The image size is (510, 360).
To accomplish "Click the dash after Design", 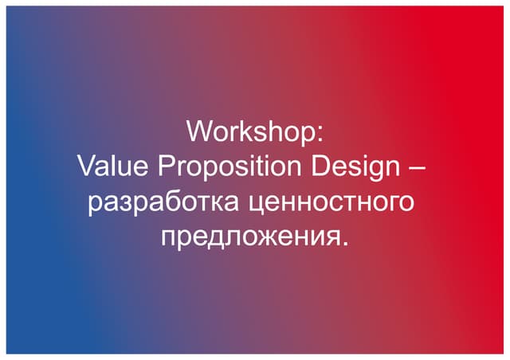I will pyautogui.click(x=419, y=168).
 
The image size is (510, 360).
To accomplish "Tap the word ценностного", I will pyautogui.click(x=333, y=202).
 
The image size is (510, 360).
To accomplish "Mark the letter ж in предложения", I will pyautogui.click(x=266, y=238).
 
